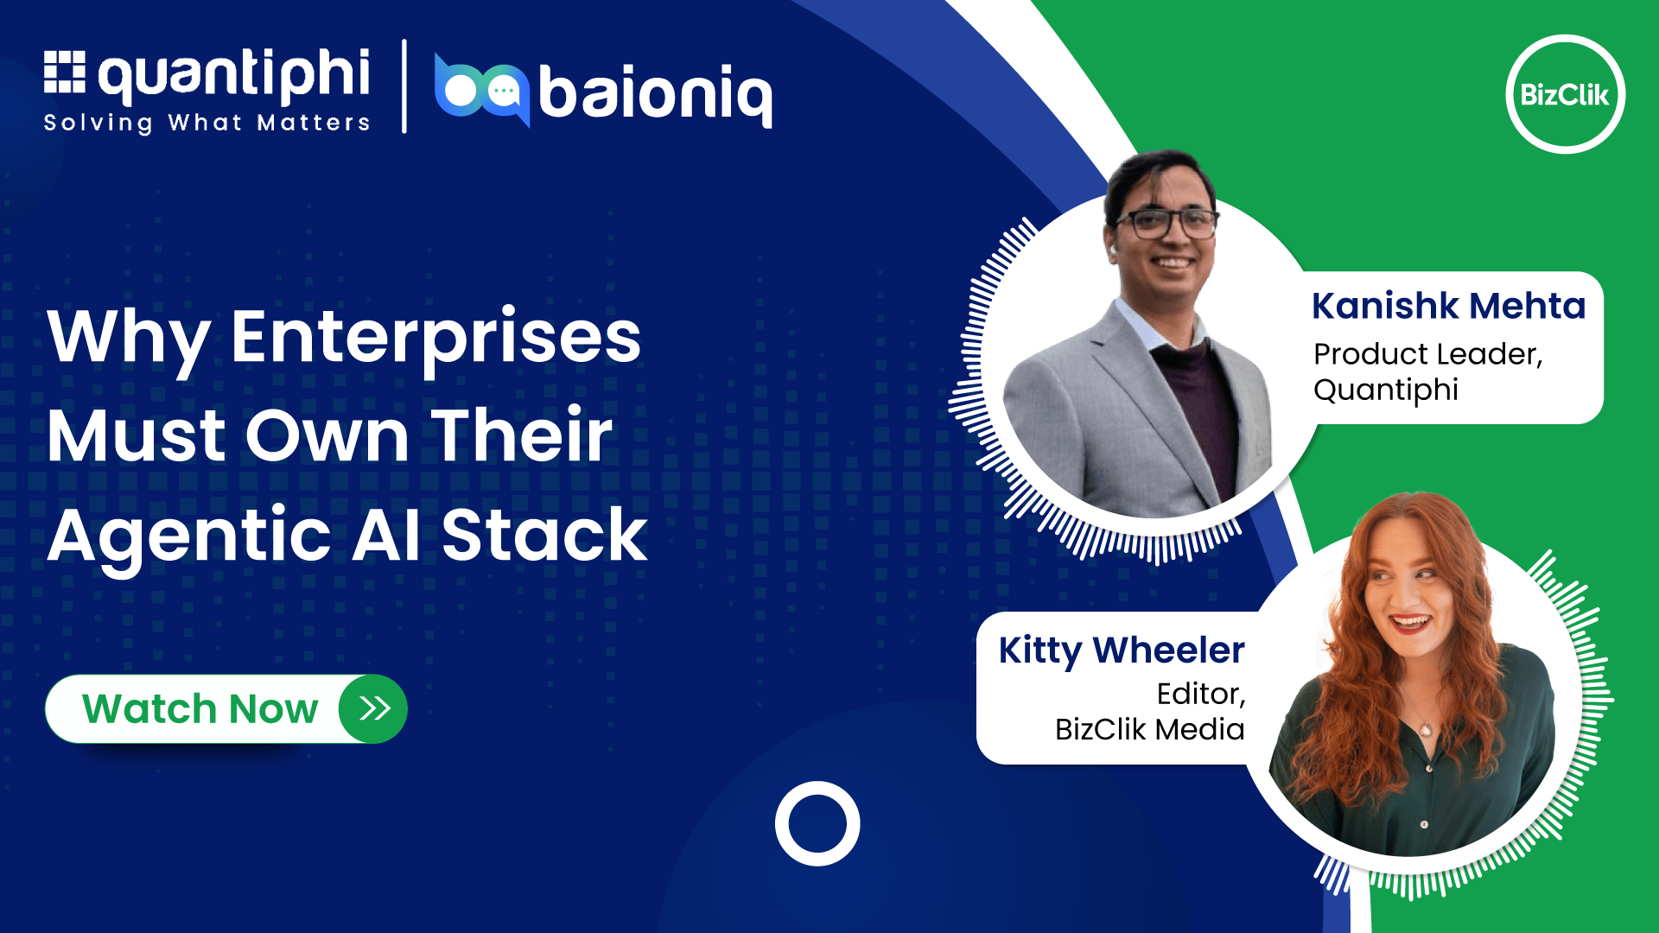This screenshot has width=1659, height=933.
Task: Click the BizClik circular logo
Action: (x=1565, y=94)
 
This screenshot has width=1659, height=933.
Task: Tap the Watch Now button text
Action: (x=200, y=708)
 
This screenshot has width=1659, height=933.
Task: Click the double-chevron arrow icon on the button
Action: (x=374, y=708)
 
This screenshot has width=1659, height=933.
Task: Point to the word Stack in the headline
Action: (x=544, y=535)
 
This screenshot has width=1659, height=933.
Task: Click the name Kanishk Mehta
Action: (x=1448, y=306)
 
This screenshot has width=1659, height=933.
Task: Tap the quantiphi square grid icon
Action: (x=65, y=72)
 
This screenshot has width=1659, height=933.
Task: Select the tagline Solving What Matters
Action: (x=207, y=123)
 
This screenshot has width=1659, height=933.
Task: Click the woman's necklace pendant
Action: (x=1427, y=731)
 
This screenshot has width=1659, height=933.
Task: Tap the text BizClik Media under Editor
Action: (x=1150, y=729)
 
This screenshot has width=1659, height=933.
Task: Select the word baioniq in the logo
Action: (x=656, y=93)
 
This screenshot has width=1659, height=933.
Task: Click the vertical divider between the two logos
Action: (x=404, y=86)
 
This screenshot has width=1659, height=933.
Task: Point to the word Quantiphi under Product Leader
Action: (x=1386, y=390)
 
